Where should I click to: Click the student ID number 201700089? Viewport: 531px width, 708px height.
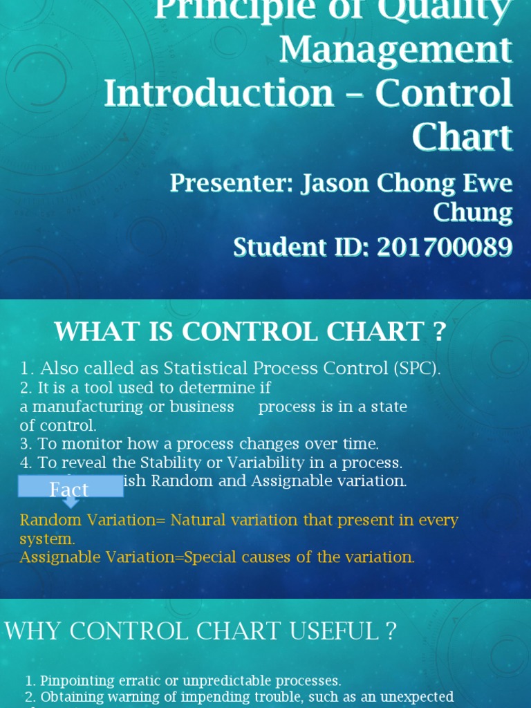445,247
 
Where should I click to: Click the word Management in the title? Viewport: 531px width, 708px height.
395,50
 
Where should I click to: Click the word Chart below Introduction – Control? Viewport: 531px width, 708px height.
462,137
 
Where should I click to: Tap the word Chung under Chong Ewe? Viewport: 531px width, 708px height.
472,212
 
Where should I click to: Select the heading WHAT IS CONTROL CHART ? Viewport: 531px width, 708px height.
250,332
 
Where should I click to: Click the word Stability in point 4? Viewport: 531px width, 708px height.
170,462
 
